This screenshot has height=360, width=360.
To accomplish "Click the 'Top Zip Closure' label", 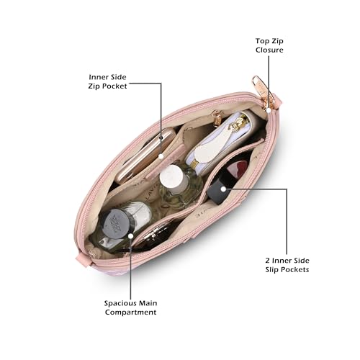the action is (269, 45).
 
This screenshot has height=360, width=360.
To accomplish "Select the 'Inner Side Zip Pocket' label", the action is (107, 81).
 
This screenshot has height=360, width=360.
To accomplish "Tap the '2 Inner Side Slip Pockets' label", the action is (287, 265).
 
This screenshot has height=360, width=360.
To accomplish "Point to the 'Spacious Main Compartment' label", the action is (131, 307).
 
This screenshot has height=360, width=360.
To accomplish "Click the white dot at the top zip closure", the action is (269, 110).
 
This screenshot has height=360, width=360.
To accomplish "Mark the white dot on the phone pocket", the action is (161, 156).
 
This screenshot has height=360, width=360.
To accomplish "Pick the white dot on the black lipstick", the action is (223, 189).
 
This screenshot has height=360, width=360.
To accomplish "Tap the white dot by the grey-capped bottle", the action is (131, 236).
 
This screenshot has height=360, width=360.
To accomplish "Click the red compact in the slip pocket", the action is (236, 168).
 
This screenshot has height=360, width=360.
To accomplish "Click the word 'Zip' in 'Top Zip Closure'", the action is (277, 41).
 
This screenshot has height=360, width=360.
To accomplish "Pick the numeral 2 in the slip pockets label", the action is (268, 261).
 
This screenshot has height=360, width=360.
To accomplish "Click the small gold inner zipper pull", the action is (217, 119).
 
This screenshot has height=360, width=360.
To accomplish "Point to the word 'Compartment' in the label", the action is (131, 312).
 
